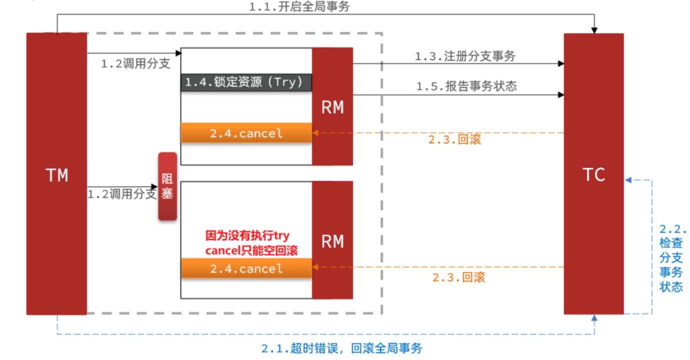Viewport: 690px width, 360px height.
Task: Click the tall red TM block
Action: tap(57, 174)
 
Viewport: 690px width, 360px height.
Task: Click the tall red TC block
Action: tap(594, 174)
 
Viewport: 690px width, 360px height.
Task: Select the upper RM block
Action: tap(332, 107)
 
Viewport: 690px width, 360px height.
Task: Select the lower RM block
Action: tap(332, 240)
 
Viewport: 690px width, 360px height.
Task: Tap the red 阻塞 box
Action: tap(168, 186)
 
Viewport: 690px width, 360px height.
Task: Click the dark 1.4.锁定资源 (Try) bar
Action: tap(246, 83)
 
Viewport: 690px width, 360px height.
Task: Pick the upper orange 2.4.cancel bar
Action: tap(246, 133)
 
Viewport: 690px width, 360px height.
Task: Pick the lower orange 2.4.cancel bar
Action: tap(246, 268)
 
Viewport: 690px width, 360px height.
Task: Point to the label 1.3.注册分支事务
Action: tap(465, 56)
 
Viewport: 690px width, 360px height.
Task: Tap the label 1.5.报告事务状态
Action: tap(467, 86)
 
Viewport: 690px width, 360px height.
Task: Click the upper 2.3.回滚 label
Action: tap(454, 140)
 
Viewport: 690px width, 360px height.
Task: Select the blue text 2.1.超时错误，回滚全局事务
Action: tap(342, 348)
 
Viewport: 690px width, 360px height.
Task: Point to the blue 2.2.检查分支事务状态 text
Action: tap(671, 258)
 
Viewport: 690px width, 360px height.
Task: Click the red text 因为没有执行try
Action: tap(247, 235)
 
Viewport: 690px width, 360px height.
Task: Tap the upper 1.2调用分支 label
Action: tap(136, 64)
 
